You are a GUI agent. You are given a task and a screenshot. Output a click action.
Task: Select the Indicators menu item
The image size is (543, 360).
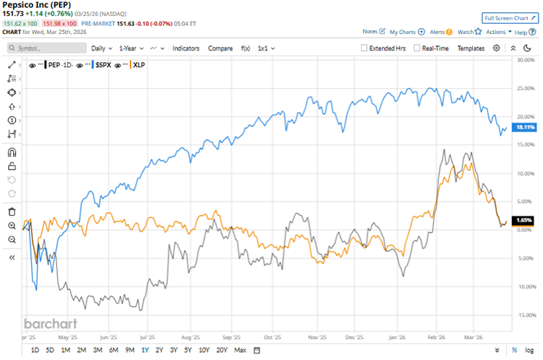[x=186, y=48]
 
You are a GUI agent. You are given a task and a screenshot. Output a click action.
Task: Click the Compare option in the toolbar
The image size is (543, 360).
[x=220, y=48]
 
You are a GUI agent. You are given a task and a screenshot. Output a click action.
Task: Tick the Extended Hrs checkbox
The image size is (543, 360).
[x=365, y=48]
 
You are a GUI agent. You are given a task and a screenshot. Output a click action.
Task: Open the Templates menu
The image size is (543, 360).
[x=471, y=48]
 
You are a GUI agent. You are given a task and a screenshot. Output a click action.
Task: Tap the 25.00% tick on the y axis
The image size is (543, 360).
[x=525, y=88]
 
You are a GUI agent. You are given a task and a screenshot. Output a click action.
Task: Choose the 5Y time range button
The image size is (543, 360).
[x=188, y=351]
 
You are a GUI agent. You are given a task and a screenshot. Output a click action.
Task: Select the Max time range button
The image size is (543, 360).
[x=240, y=351]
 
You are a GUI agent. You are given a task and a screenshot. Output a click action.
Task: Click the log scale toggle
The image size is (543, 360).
[x=530, y=351]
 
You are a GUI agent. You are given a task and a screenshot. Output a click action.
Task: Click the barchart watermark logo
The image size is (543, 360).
[x=51, y=324]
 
